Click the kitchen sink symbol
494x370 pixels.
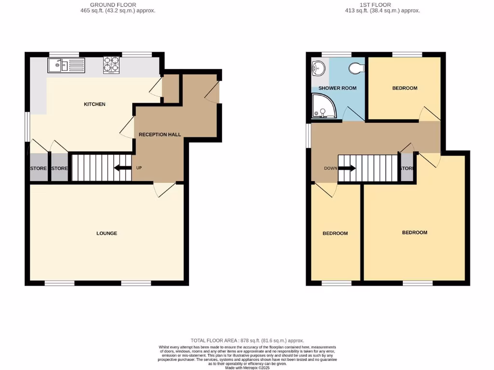coord(66,65)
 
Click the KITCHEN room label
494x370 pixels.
coord(95,105)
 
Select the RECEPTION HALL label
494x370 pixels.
coord(160,134)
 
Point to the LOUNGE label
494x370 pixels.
coord(107,233)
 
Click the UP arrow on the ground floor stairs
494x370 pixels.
coord(123,168)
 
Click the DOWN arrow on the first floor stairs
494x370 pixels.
coord(346,168)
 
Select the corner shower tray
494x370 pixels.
coord(320,106)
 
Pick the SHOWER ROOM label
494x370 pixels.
coord(337,88)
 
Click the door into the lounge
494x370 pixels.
coord(164,189)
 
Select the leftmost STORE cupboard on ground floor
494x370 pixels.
coord(39,168)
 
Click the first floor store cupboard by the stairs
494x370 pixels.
coord(407,168)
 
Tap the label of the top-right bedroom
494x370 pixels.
coord(404,88)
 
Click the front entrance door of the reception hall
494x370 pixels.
coord(212,92)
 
